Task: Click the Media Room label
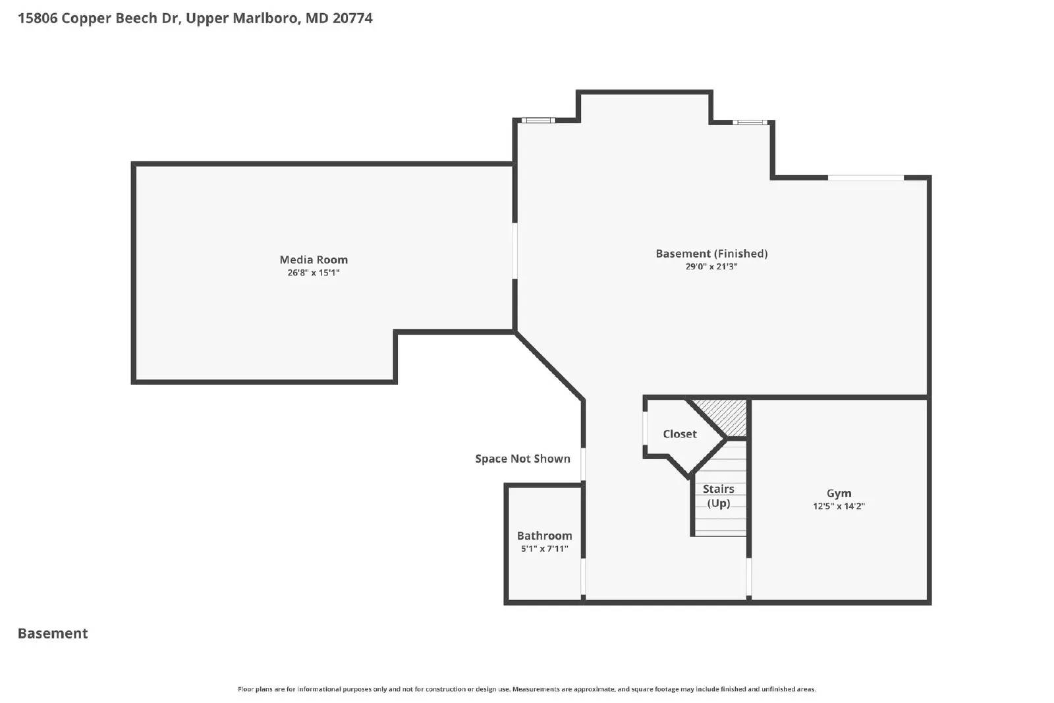(314, 260)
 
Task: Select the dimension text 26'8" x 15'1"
(314, 273)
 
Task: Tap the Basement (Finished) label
(711, 254)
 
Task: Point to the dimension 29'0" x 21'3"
(711, 267)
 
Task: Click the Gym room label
(839, 493)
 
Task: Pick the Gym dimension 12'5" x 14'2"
(839, 507)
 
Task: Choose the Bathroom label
(544, 536)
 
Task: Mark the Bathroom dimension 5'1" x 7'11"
(544, 549)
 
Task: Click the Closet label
(679, 434)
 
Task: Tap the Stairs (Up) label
(718, 495)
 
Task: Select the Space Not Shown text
(522, 459)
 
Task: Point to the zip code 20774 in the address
(352, 18)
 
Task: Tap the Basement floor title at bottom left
(53, 633)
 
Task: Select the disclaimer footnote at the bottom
(526, 689)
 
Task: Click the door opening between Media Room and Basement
(515, 250)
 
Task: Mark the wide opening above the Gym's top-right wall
(866, 177)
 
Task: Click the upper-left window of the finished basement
(538, 121)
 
